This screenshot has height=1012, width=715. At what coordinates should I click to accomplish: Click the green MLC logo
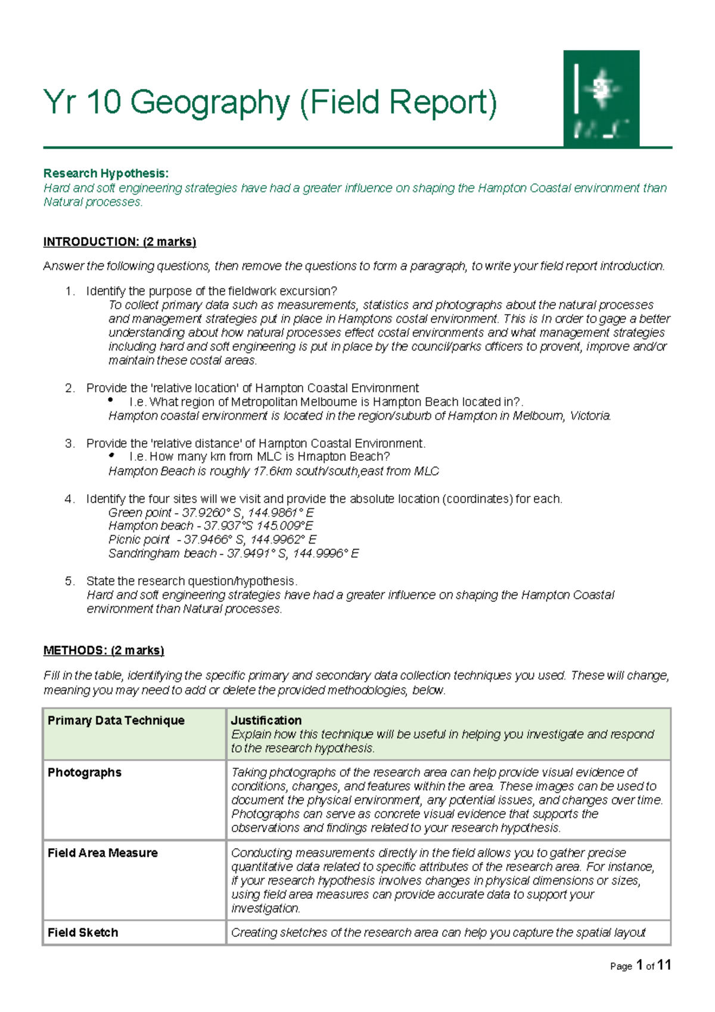[x=601, y=98]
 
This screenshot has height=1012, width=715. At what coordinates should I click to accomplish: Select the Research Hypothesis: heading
[x=105, y=173]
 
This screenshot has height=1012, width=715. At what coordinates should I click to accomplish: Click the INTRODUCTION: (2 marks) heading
[x=119, y=242]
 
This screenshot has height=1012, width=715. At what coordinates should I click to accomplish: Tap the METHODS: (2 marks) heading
[x=104, y=650]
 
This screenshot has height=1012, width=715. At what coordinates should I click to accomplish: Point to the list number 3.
[x=70, y=443]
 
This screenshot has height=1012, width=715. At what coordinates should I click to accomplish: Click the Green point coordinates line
[x=211, y=513]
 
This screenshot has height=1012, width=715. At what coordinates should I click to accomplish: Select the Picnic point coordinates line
[x=212, y=539]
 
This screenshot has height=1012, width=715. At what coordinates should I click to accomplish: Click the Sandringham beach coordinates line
[x=233, y=554]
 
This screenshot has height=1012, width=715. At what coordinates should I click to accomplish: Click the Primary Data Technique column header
[x=116, y=721]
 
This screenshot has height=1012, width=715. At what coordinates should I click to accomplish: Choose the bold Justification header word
[x=266, y=721]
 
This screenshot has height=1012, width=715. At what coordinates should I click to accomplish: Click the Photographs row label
[x=85, y=772]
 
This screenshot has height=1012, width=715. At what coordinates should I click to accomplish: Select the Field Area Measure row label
[x=102, y=853]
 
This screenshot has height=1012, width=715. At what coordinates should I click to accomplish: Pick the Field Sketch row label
[x=83, y=933]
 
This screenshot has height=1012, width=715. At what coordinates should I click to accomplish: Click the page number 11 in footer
[x=664, y=966]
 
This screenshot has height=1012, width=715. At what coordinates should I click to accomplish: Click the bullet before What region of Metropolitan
[x=111, y=401]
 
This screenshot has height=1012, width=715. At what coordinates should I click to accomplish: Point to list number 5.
[x=70, y=581]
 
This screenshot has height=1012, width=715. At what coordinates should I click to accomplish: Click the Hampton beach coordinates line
[x=210, y=526]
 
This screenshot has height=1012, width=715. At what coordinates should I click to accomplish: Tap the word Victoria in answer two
[x=590, y=416]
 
